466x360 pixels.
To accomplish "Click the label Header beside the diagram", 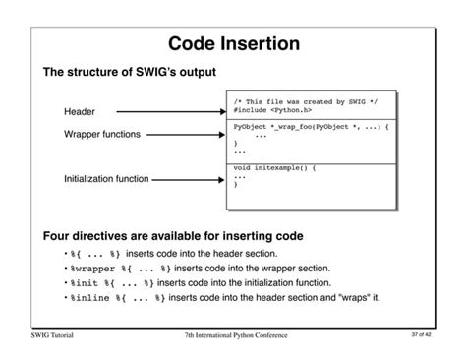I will pyautogui.click(x=80, y=112).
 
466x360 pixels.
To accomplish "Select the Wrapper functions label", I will pyautogui.click(x=102, y=134).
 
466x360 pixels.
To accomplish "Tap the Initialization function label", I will pyautogui.click(x=106, y=179).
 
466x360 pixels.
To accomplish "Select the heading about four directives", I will pyautogui.click(x=172, y=236).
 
